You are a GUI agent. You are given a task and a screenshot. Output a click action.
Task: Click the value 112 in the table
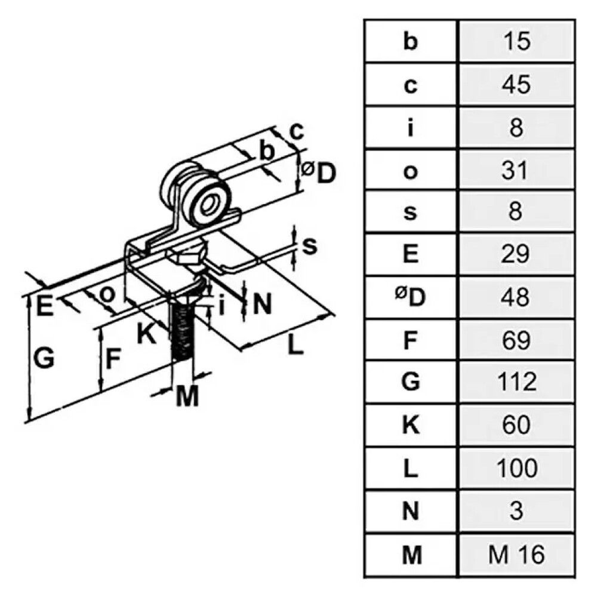517,382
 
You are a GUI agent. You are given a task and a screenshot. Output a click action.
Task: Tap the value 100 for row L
517,469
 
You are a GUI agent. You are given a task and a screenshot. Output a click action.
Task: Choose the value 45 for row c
517,85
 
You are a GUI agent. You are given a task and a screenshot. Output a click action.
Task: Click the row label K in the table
410,426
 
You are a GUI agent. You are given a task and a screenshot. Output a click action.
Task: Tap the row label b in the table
410,43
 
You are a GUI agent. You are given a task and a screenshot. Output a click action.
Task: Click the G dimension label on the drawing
45,359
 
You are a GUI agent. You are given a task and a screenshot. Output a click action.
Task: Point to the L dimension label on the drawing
293,346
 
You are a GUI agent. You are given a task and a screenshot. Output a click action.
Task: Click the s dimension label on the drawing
308,245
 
